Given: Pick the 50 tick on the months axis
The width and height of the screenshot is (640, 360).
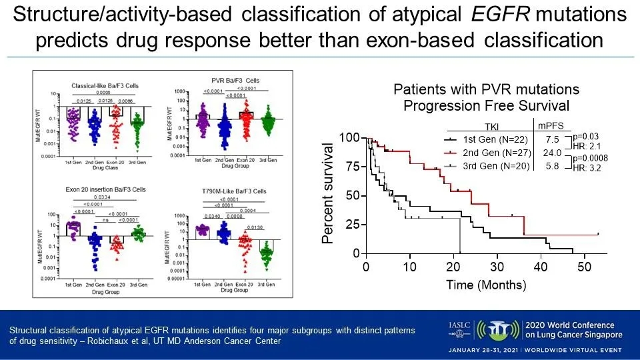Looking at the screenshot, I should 583,267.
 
